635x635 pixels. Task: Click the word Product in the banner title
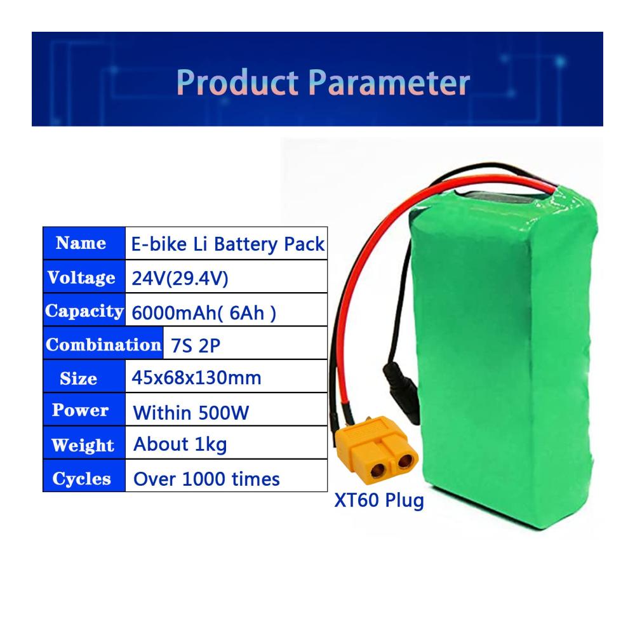click(237, 82)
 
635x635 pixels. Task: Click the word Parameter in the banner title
click(389, 82)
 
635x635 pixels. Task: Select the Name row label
click(81, 243)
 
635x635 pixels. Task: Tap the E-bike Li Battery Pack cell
click(227, 244)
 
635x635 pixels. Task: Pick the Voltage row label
click(81, 277)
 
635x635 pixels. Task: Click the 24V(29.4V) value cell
click(180, 278)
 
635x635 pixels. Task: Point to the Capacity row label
click(84, 311)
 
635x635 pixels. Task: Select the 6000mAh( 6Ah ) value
click(204, 313)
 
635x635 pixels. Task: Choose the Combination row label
click(104, 345)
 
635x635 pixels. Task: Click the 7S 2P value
click(195, 345)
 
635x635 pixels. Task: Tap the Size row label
click(78, 378)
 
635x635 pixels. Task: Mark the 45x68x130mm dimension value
click(196, 378)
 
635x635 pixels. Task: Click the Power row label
click(80, 410)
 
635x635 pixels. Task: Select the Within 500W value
click(190, 413)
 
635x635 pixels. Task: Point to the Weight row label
click(83, 445)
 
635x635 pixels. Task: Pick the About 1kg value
click(180, 444)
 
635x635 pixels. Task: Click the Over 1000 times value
click(206, 479)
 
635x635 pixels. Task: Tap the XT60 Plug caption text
click(379, 500)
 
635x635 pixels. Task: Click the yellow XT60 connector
click(377, 450)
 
